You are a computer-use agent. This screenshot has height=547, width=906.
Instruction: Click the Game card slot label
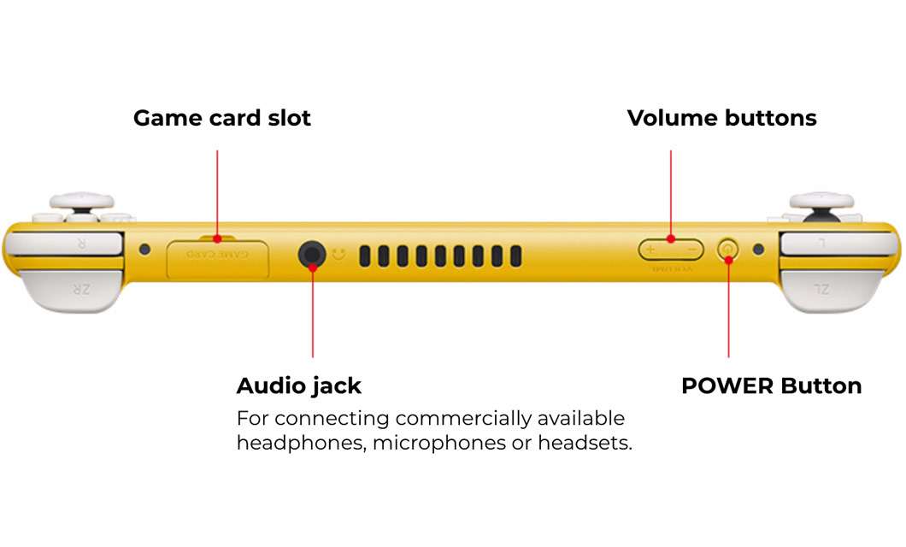[222, 118]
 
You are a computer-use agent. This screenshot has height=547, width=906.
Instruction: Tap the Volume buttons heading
[721, 118]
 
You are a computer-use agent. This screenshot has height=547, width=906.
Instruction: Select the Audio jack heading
[298, 385]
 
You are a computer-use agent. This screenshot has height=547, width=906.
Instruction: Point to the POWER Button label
[771, 385]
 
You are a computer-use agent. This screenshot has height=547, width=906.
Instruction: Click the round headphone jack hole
[311, 254]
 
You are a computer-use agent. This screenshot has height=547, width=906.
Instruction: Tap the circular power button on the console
[727, 250]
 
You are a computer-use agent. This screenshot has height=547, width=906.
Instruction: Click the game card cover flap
[218, 258]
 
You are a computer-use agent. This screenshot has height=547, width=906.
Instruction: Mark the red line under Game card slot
[218, 192]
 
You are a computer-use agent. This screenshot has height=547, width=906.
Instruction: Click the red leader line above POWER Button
[728, 308]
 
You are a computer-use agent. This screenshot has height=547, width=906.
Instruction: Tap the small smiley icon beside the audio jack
[339, 255]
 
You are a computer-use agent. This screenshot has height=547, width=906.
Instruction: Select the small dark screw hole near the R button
[144, 250]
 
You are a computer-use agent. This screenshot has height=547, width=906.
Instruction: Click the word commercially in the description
[464, 419]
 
